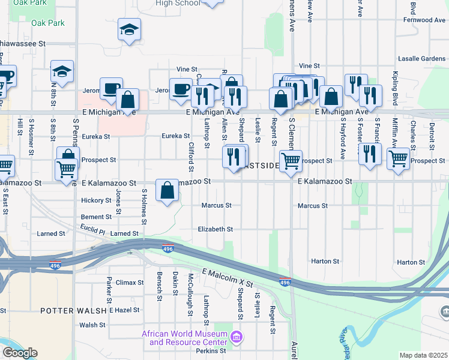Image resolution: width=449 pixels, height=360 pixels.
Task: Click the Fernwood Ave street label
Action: [420, 20]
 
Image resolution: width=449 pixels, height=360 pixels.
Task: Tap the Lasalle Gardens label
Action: [421, 59]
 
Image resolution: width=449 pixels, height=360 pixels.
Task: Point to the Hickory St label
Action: [96, 200]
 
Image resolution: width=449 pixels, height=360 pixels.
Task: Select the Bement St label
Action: [96, 217]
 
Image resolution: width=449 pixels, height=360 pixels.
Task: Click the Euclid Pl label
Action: [92, 230]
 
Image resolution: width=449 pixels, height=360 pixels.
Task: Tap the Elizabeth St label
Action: [215, 229]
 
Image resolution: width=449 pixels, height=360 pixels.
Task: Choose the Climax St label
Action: [130, 282]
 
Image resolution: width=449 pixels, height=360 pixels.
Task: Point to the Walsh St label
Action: [92, 325]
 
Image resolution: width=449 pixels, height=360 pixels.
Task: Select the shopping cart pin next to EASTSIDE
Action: [291, 161]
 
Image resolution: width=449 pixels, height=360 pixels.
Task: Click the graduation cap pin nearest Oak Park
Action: [128, 29]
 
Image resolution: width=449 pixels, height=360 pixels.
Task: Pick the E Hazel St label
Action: [124, 310]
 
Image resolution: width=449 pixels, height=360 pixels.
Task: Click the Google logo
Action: [20, 353]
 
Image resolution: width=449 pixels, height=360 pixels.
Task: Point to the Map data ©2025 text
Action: [423, 355]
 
